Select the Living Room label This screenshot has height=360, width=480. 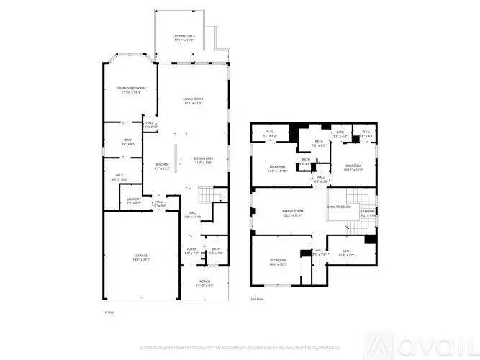pos(192,101)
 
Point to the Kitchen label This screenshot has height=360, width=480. pos(163,166)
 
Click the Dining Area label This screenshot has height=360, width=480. pos(204,160)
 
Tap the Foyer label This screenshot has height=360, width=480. pos(191,251)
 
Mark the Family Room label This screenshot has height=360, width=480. pos(292,212)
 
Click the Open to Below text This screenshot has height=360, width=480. pos(339,206)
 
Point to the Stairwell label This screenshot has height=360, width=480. pos(368,213)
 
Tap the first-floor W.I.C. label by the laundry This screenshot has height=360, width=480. pos(119,177)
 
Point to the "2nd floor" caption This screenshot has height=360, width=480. pos(256,299)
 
